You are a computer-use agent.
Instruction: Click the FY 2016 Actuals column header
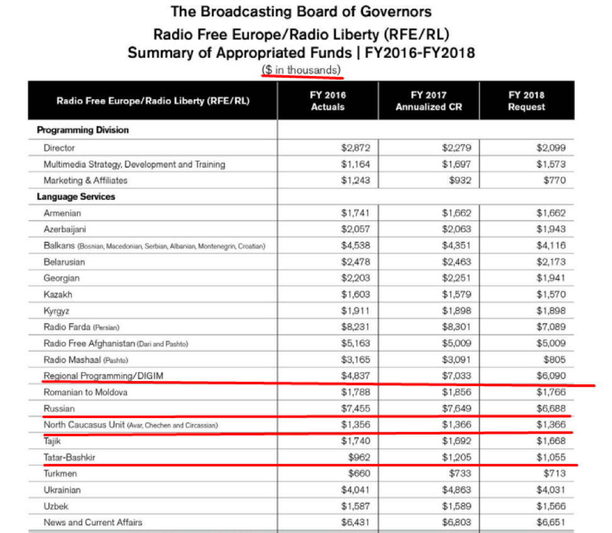(x=327, y=100)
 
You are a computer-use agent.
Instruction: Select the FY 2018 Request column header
(x=527, y=100)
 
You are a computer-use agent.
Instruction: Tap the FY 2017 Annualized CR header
(x=429, y=100)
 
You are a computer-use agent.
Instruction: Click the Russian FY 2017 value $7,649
(x=456, y=409)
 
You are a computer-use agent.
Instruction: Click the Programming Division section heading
(x=83, y=131)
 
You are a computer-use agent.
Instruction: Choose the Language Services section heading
(x=75, y=197)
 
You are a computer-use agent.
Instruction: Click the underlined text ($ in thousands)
(x=303, y=70)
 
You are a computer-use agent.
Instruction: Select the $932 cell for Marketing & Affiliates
(x=461, y=180)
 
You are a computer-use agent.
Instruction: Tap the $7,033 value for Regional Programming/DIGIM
(x=456, y=376)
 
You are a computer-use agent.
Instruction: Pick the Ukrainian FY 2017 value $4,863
(x=456, y=490)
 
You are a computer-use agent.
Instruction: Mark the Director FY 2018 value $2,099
(x=551, y=148)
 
